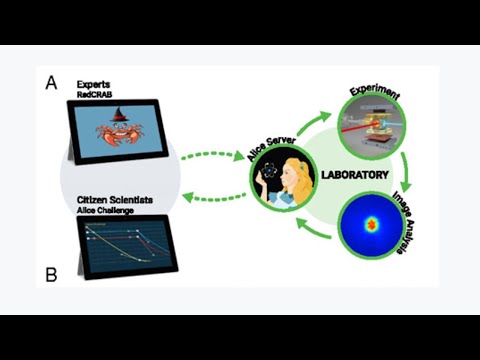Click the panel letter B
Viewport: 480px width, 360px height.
coord(50,272)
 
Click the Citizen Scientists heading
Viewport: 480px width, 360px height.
coord(114,200)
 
